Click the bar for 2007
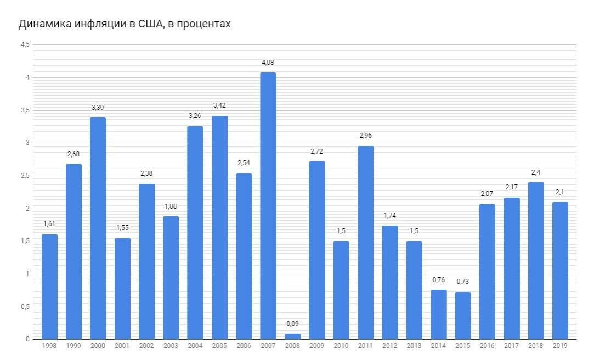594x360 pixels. tap(268, 206)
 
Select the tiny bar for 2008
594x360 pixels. tap(293, 336)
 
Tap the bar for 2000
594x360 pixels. tap(98, 228)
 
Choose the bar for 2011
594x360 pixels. tap(366, 243)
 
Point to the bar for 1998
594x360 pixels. tap(49, 286)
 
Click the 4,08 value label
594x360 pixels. tap(268, 63)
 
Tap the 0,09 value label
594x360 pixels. tap(293, 324)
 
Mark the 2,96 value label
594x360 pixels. tap(366, 136)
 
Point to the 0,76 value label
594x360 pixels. tap(439, 280)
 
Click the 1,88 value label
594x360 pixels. tap(171, 206)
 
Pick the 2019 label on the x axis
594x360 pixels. tap(560, 346)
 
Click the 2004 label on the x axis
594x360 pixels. tap(195, 346)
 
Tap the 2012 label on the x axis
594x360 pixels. tap(390, 346)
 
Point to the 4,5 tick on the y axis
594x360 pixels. tap(25, 45)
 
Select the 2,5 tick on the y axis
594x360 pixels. tap(25, 176)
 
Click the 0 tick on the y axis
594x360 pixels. tap(27, 339)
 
